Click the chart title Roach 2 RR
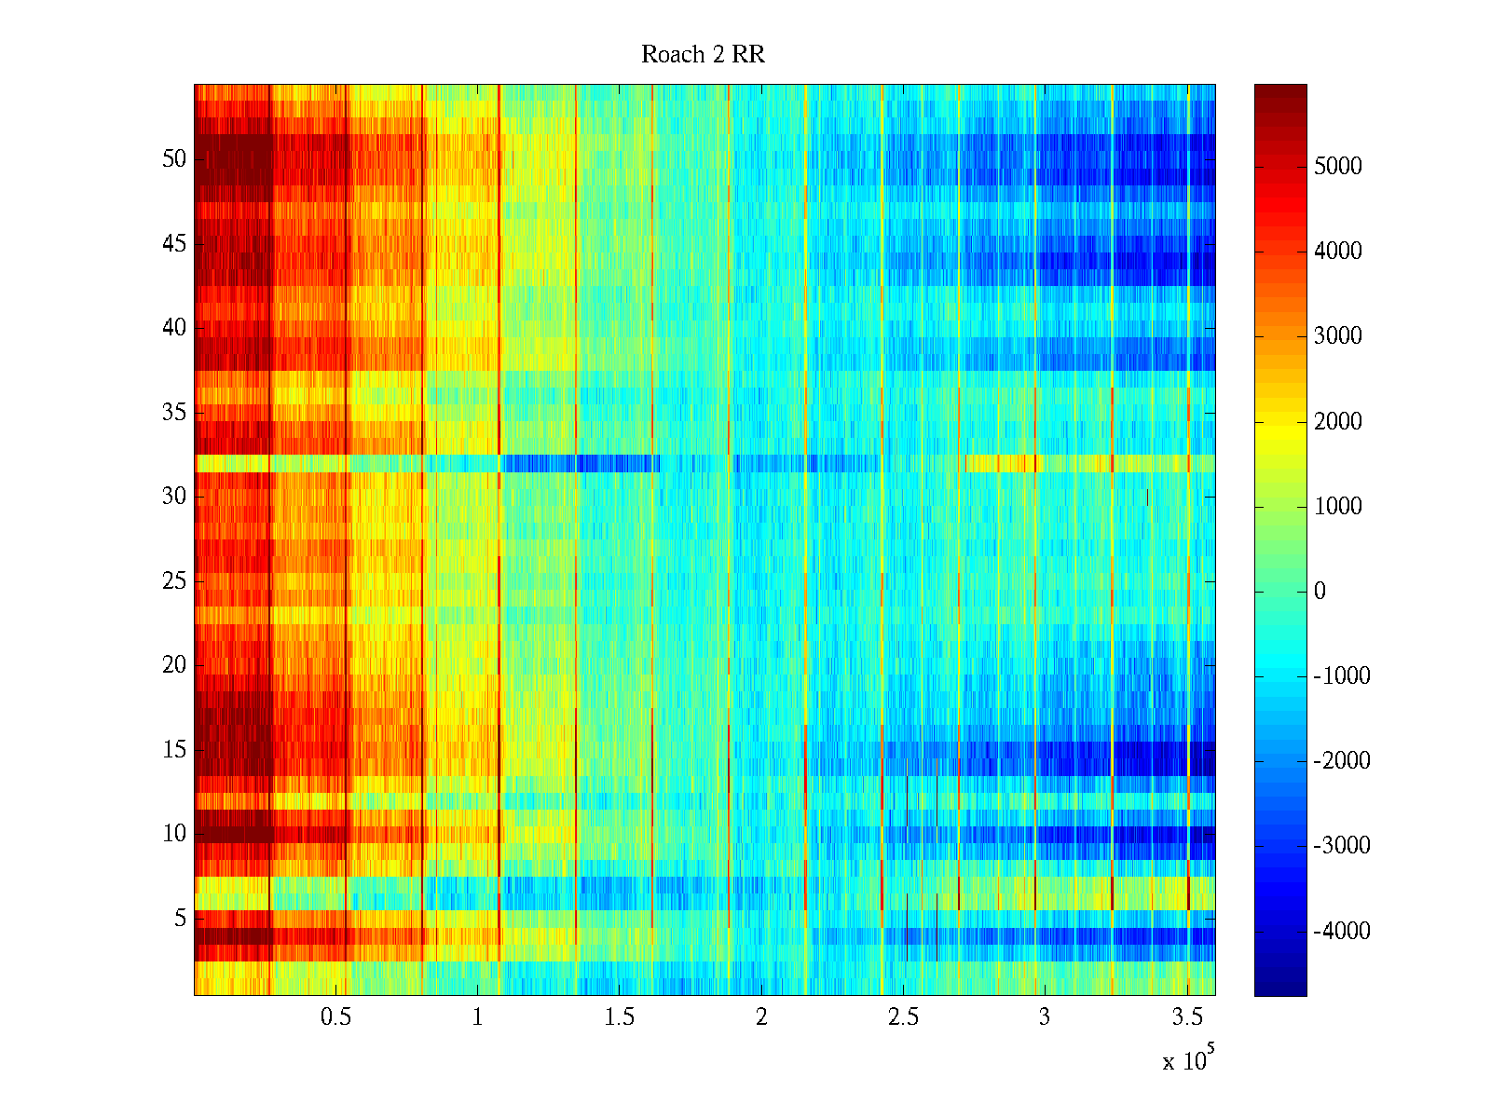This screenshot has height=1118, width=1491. point(703,55)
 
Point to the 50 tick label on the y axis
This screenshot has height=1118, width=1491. point(174,159)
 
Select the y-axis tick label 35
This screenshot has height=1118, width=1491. point(174,413)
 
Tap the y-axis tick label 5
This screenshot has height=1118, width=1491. point(180,919)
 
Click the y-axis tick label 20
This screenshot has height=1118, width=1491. point(174,665)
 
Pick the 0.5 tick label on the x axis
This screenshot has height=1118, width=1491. point(335,1017)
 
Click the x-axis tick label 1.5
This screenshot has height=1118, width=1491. point(619,1017)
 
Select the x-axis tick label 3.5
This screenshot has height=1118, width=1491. point(1186,1017)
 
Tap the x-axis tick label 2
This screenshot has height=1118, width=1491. point(761,1017)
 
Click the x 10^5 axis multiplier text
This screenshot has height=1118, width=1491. point(1188,1060)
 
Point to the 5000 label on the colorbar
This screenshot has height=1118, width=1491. point(1337,167)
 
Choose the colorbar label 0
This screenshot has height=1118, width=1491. point(1320,592)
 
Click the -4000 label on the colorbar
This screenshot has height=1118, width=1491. point(1341,931)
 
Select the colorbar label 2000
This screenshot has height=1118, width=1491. point(1337,422)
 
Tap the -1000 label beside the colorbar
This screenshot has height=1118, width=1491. point(1341,676)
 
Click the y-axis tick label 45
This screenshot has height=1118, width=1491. point(174,244)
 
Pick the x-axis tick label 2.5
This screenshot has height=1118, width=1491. point(903,1017)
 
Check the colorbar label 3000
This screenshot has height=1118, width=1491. point(1337,336)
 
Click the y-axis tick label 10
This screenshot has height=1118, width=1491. point(174,834)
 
